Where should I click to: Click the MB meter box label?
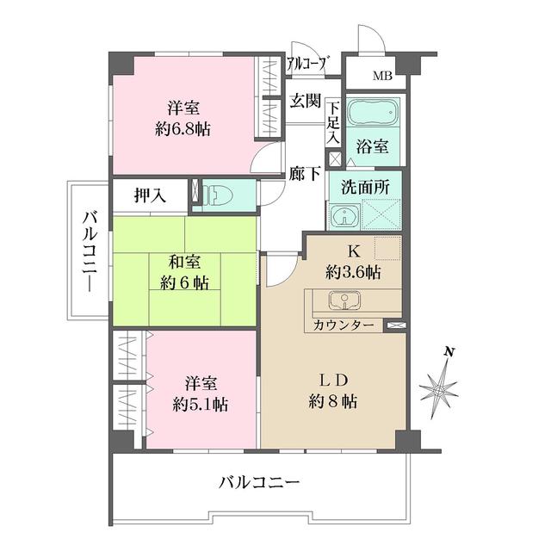(x=382, y=77)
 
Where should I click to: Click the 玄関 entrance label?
(x=305, y=102)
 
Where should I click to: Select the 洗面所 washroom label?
(x=365, y=187)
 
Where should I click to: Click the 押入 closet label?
(x=149, y=196)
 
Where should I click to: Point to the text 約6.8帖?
(x=183, y=129)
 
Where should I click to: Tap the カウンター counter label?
(x=344, y=325)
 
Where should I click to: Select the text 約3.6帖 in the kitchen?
(x=355, y=273)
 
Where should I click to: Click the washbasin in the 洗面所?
(x=343, y=216)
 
